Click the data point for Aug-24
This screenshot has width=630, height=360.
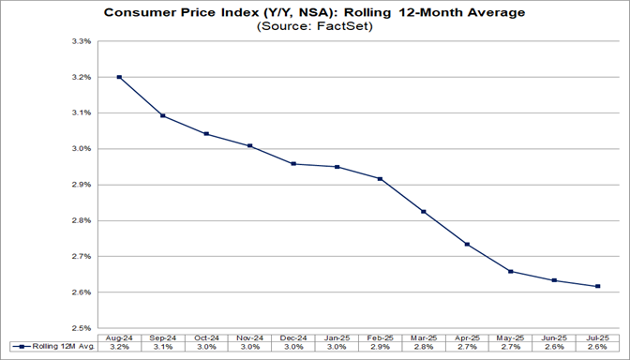(119, 77)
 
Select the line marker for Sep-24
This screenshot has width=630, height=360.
(164, 115)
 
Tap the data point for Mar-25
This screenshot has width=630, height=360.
(424, 212)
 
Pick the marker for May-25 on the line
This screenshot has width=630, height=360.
(510, 272)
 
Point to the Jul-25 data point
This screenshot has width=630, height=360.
(597, 287)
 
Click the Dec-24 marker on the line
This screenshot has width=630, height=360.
(293, 164)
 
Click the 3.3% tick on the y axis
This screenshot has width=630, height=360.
(79, 42)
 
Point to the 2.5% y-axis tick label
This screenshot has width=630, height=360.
(79, 328)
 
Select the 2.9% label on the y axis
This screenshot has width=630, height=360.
(79, 185)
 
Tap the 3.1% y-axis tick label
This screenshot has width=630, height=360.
(79, 113)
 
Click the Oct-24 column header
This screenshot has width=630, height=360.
(206, 337)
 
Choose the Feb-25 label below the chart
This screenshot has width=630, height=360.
(380, 337)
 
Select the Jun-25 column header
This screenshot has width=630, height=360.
(553, 337)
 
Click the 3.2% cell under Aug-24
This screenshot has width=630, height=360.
(119, 348)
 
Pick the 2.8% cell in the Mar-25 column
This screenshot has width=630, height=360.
(424, 348)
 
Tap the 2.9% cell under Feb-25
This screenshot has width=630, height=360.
(380, 348)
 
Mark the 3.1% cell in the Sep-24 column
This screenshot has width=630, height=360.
(163, 348)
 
